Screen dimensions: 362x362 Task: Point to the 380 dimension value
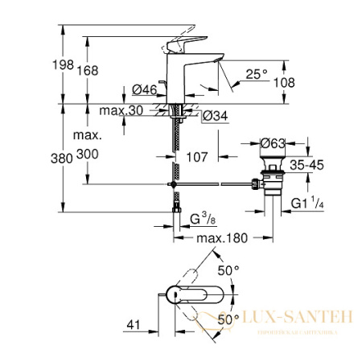point(72,158)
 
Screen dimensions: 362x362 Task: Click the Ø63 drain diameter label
point(278,144)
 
